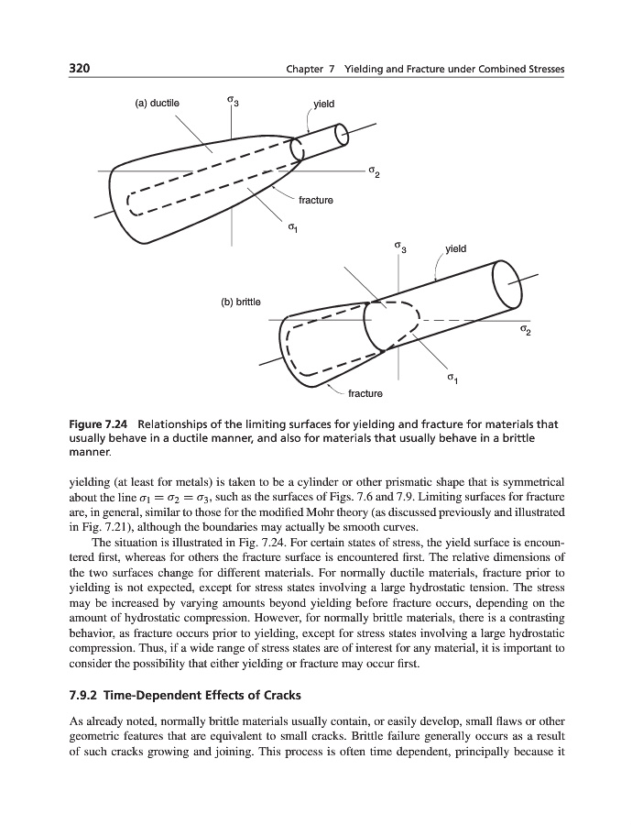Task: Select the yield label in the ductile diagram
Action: point(323,104)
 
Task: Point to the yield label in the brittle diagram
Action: point(455,248)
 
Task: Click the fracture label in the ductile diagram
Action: point(316,200)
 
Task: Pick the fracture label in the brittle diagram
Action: point(365,393)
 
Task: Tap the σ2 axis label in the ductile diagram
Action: point(372,172)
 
